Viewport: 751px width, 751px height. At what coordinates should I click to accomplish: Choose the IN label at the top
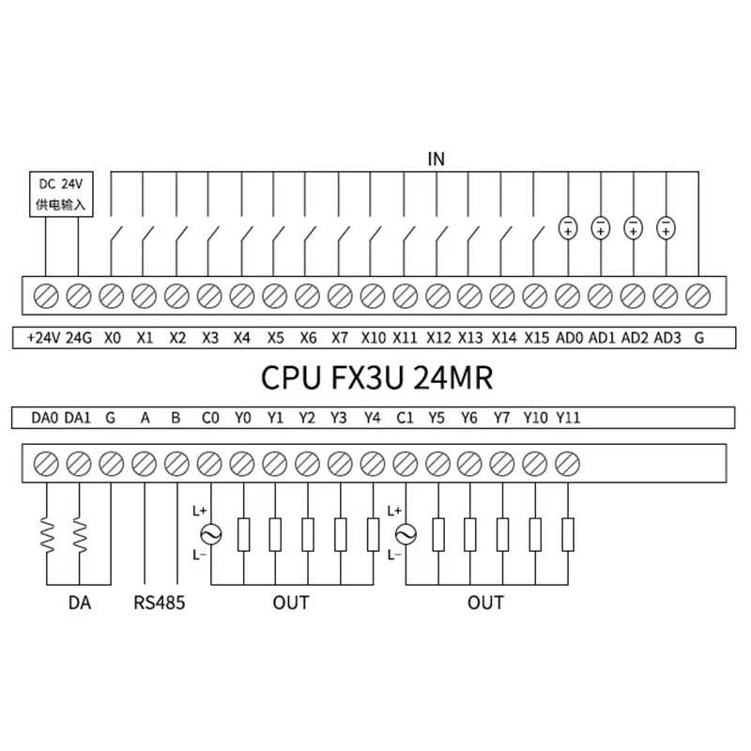435,159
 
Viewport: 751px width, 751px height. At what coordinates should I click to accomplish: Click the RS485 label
160,603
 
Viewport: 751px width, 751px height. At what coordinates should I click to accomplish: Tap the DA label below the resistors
79,603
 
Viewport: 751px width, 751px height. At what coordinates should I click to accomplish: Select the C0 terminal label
210,418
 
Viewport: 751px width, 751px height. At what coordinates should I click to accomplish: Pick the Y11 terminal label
568,418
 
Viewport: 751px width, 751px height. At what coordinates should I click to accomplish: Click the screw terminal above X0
111,296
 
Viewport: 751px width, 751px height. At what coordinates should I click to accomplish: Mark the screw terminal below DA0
45,463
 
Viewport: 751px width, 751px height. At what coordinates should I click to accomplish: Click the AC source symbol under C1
406,534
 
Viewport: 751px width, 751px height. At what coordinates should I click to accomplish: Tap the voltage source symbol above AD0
568,227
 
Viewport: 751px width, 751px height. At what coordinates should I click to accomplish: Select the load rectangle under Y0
243,534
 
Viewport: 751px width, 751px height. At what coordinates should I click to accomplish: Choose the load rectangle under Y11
568,534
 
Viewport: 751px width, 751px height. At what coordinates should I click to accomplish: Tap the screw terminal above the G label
698,296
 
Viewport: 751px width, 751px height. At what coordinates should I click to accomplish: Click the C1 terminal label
406,418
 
